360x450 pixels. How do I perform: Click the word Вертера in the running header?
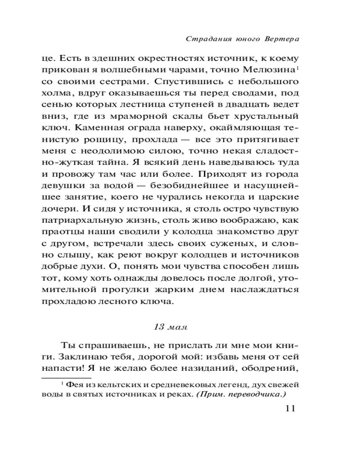pyautogui.click(x=282, y=39)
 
